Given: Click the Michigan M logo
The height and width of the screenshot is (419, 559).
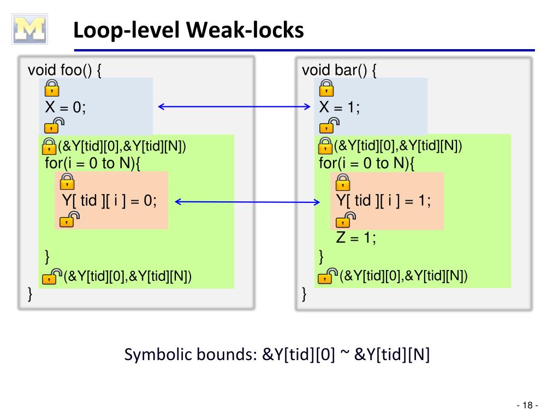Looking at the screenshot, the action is [29, 29].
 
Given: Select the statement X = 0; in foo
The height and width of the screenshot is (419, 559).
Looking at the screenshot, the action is [66, 107].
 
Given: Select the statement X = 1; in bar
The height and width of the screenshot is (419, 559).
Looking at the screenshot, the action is [340, 107].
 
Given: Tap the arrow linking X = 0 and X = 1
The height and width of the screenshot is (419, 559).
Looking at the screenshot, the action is [234, 106].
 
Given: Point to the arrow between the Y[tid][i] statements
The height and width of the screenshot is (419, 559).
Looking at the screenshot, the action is [247, 202].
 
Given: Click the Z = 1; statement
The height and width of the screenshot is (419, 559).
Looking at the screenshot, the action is [356, 237].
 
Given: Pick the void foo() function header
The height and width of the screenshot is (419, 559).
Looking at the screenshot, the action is [64, 70].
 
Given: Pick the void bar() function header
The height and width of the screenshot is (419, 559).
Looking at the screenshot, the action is [339, 70].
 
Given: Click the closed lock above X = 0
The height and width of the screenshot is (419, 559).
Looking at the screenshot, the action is [52, 88].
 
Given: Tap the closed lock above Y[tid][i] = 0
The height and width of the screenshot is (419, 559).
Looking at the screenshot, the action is [67, 181].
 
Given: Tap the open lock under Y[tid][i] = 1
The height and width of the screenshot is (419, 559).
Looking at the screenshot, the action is [346, 220].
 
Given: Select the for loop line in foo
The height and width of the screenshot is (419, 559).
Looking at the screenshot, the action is [93, 163].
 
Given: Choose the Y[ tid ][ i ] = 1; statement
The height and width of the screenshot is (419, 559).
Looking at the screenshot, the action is [383, 201].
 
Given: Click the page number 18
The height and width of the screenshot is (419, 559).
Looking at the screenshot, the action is [527, 405].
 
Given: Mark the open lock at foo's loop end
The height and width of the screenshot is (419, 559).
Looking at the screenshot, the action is [52, 276].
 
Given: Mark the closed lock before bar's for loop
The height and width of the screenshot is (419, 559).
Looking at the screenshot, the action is [325, 146].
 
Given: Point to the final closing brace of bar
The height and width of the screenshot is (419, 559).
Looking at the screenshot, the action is [304, 294].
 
